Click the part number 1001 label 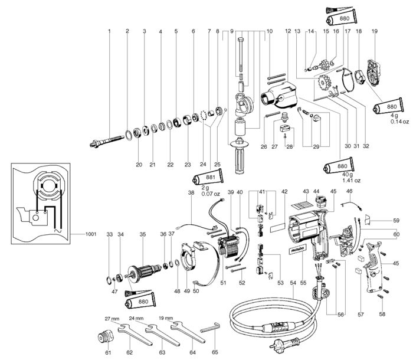(91, 234)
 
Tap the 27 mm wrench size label (112, 319)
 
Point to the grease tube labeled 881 (209, 178)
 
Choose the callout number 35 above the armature (143, 234)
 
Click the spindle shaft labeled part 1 (106, 142)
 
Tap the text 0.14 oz (399, 122)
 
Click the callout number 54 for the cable (293, 283)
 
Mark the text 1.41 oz (352, 181)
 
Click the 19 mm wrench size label (166, 318)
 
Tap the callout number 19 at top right (375, 31)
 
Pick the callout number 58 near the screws (382, 314)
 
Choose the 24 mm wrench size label (136, 318)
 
